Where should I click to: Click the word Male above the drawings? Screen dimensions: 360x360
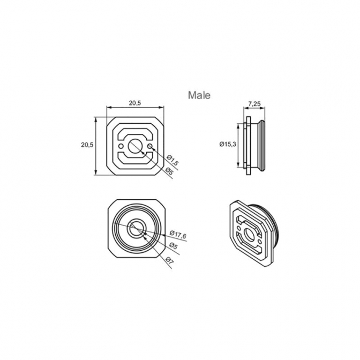[199, 95]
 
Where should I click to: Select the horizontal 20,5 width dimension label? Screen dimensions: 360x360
[135, 103]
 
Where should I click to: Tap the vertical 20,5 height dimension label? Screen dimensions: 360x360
[87, 145]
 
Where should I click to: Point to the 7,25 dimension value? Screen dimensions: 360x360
[254, 104]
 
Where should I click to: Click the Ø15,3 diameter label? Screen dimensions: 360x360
[228, 144]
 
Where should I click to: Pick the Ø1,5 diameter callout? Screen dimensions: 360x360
[172, 160]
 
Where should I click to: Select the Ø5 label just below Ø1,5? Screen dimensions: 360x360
[169, 171]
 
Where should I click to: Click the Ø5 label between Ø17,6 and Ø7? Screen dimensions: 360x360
[174, 246]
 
